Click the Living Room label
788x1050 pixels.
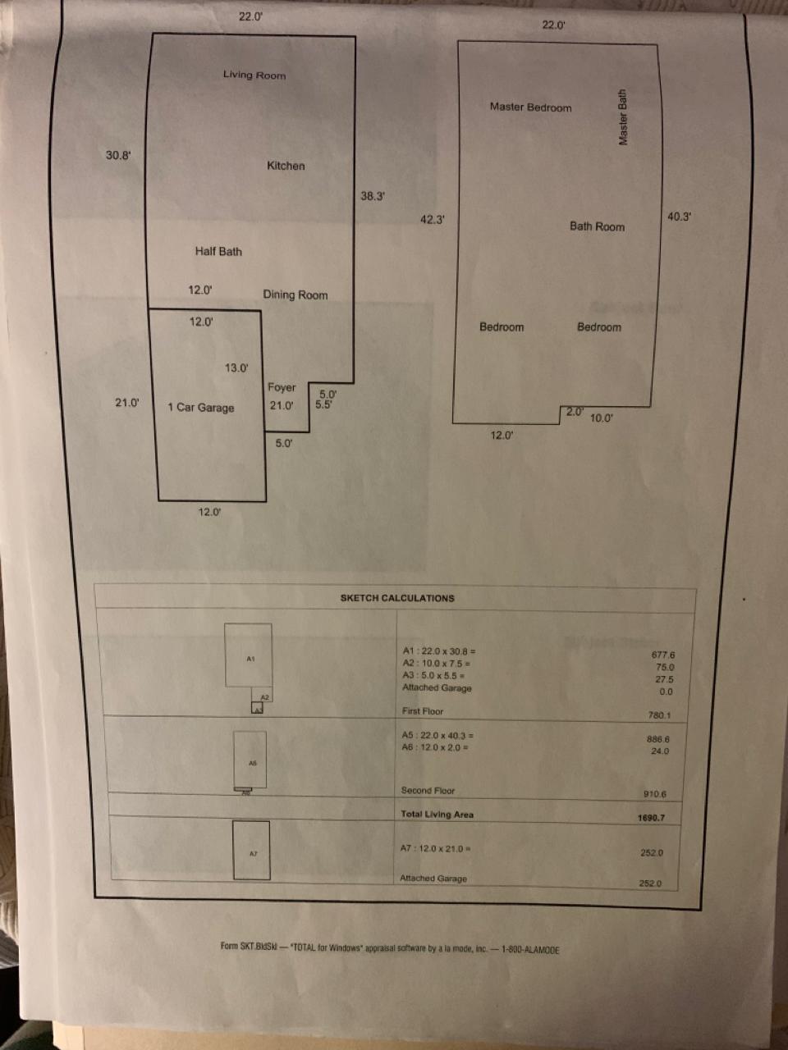[254, 75]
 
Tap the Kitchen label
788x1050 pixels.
[286, 166]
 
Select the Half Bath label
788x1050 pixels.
[218, 252]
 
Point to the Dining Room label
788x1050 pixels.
[295, 295]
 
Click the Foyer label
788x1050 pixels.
[282, 387]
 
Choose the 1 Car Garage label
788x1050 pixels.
[201, 408]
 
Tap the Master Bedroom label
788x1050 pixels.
[530, 107]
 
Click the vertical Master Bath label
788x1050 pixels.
[623, 117]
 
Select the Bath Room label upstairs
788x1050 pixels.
[597, 226]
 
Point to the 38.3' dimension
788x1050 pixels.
[373, 196]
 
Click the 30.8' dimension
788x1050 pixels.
[118, 155]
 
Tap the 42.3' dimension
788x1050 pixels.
[432, 220]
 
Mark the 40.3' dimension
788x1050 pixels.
[679, 217]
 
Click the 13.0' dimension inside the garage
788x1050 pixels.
[236, 367]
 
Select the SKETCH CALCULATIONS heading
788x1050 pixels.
[397, 598]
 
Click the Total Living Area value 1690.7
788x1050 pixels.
[651, 818]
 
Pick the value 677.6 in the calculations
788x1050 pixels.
[662, 655]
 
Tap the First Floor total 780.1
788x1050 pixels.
[659, 715]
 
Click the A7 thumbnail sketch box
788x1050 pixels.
[251, 851]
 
